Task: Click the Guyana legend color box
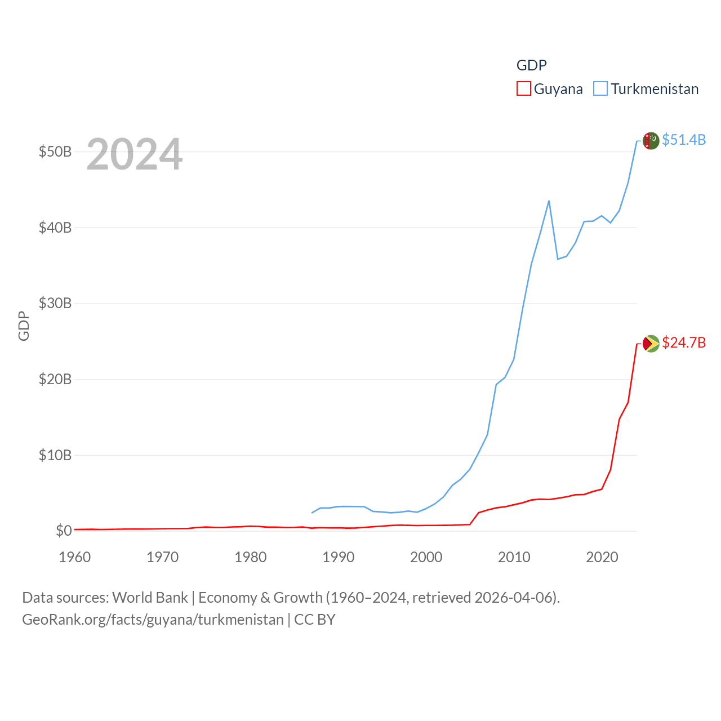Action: click(x=523, y=89)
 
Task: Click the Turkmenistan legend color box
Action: click(x=600, y=89)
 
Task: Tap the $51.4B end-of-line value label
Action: click(x=683, y=140)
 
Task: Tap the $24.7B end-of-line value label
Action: click(x=683, y=342)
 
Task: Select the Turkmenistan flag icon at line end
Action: click(x=651, y=141)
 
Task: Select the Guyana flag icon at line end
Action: click(x=651, y=344)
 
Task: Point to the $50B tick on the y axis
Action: click(x=55, y=152)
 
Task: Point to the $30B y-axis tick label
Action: click(x=55, y=303)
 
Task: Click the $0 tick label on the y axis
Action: click(x=64, y=531)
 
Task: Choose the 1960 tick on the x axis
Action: click(x=75, y=557)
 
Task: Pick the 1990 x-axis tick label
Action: click(x=339, y=557)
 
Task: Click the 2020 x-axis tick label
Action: click(x=602, y=557)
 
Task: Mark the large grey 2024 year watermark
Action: click(x=134, y=154)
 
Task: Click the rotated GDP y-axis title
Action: click(x=24, y=326)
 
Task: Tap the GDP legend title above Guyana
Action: click(x=531, y=65)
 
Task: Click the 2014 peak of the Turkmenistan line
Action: click(x=549, y=201)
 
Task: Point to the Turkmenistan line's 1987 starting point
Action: click(x=311, y=513)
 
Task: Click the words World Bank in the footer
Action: click(x=150, y=597)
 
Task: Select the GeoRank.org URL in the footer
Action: click(x=153, y=620)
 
